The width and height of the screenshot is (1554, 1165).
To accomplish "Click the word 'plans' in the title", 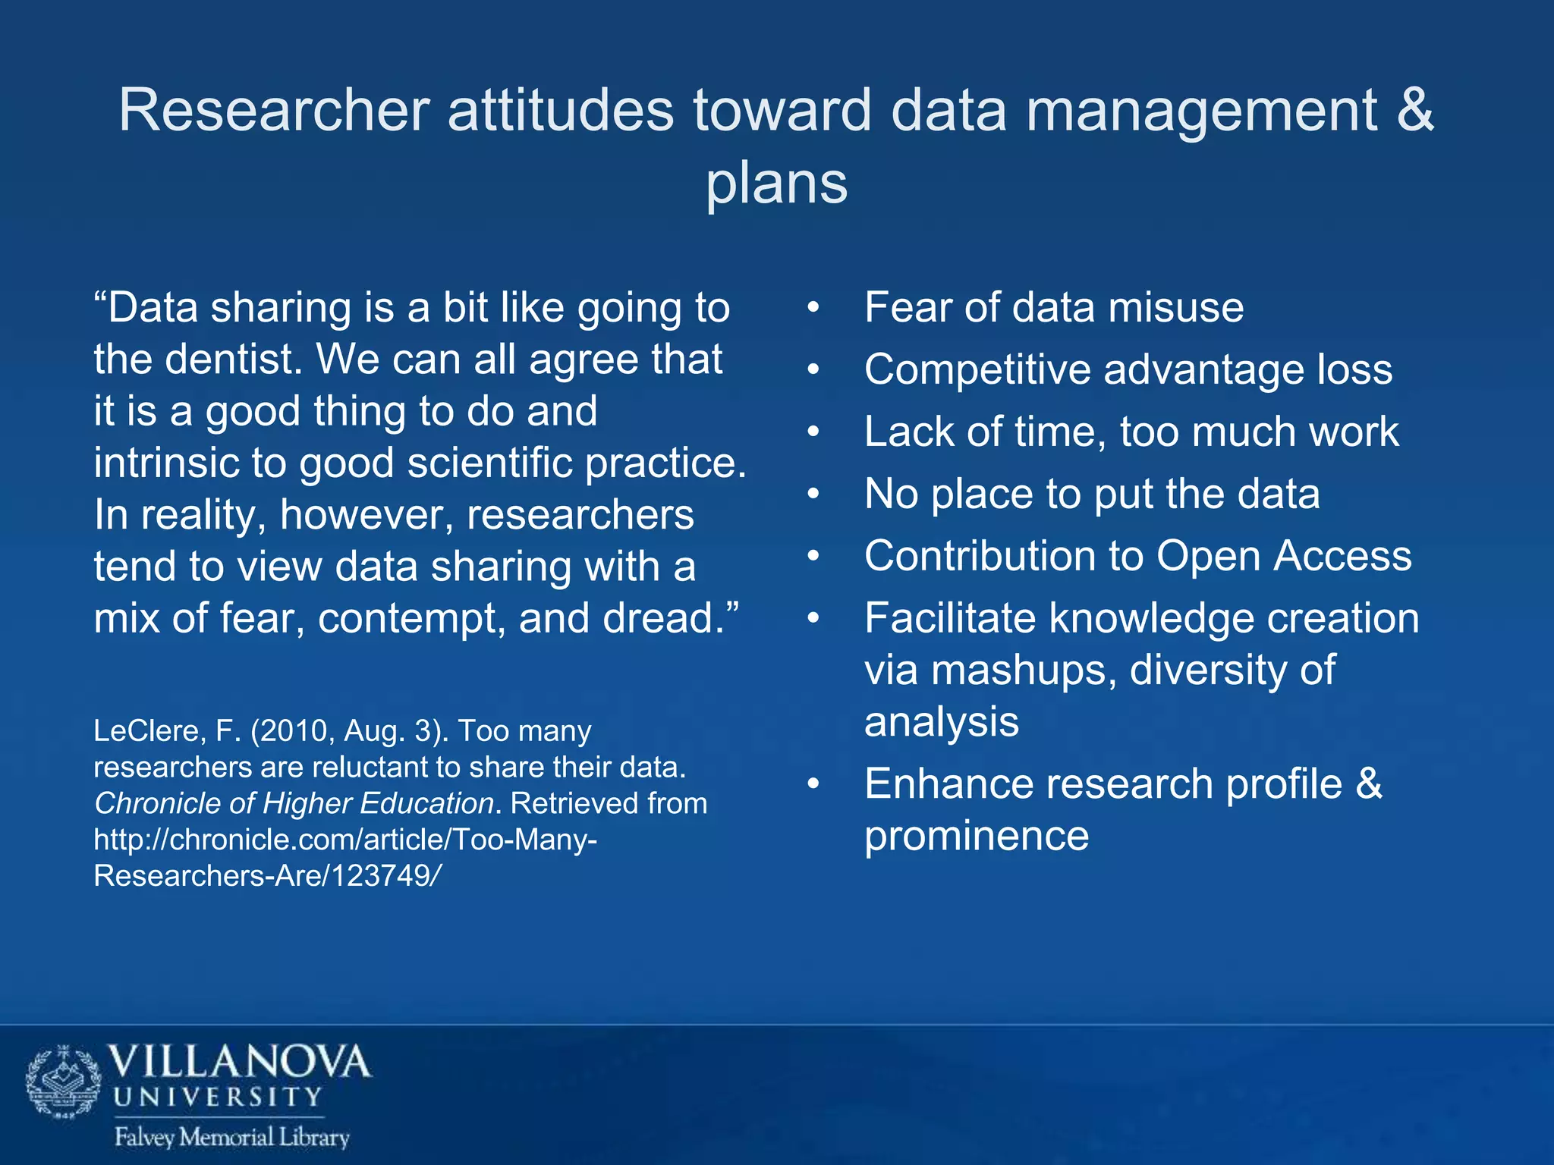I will click(x=776, y=184).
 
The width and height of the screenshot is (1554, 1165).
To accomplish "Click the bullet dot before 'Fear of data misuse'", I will click(x=813, y=309).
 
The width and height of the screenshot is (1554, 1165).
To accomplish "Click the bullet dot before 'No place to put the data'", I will click(x=813, y=495).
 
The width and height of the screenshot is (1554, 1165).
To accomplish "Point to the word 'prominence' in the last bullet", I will click(x=977, y=836).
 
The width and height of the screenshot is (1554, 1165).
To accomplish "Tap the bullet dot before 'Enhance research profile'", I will click(x=813, y=784).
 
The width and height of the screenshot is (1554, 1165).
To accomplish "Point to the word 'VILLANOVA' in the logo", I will click(x=240, y=1063).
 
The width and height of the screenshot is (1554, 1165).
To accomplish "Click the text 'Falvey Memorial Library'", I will click(x=231, y=1137).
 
